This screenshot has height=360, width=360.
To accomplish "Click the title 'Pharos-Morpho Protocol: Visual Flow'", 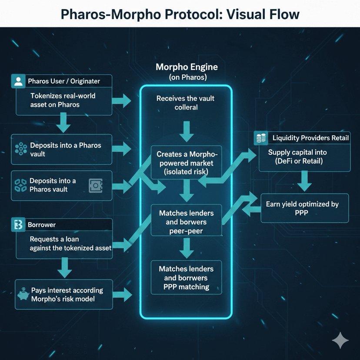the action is [x=180, y=14].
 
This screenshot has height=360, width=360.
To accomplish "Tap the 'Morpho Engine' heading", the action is [x=187, y=68].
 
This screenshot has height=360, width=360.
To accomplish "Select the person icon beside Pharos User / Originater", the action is [x=18, y=81].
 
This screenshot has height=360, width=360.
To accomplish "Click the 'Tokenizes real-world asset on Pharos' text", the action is [x=63, y=100].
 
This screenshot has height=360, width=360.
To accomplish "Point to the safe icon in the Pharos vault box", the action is [x=95, y=185].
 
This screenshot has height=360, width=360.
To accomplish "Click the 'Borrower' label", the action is [x=41, y=225].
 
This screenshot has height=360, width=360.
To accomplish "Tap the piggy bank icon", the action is [x=23, y=295].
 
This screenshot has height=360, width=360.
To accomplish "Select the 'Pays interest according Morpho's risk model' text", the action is [x=67, y=294].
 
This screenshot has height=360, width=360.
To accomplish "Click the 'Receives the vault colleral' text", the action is [x=186, y=103].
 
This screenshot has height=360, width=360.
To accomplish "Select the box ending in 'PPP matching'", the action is [x=186, y=278].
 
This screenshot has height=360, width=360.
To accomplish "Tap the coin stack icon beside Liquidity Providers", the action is [x=261, y=138].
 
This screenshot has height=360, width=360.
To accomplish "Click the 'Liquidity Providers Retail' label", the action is [x=310, y=138].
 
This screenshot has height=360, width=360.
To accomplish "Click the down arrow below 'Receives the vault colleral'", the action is [x=186, y=132].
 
